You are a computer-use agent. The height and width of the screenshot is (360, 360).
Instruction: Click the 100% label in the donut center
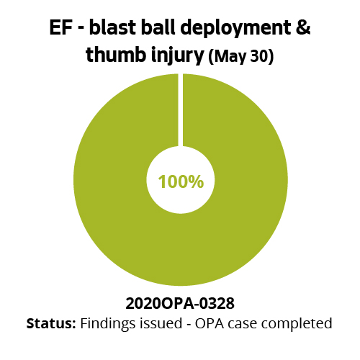click(x=180, y=181)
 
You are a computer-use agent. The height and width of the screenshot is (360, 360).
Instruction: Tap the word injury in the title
click(x=175, y=56)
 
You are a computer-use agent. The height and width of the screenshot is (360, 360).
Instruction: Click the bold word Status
click(x=51, y=323)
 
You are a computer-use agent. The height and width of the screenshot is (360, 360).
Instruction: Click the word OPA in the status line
click(x=207, y=323)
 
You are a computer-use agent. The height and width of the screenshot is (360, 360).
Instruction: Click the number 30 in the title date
click(x=258, y=57)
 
